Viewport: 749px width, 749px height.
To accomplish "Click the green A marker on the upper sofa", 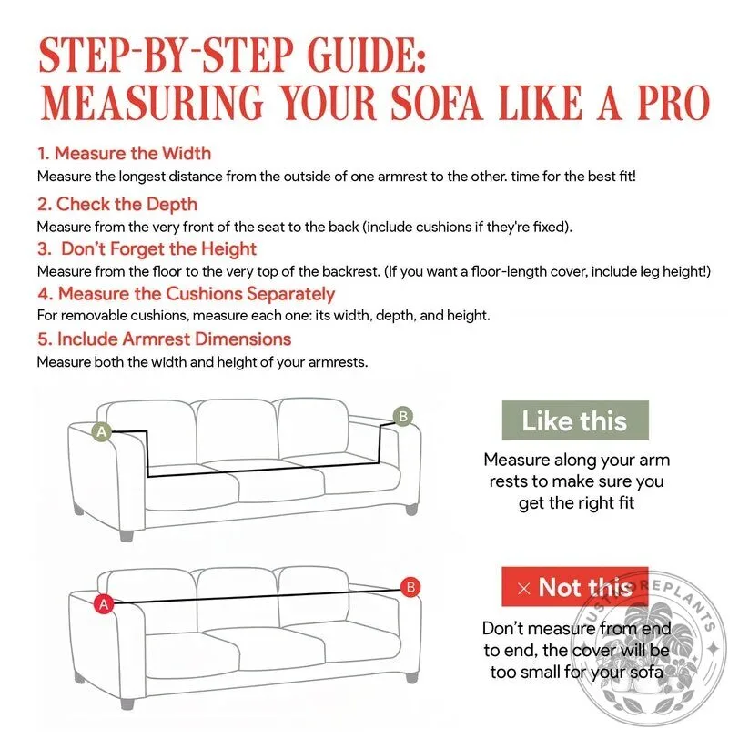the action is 102,431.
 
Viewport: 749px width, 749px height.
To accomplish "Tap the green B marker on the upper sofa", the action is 402,417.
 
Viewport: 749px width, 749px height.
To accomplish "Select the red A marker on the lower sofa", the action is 104,604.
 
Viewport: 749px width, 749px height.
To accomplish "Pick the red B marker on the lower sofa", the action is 410,587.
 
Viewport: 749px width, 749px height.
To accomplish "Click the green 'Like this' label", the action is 575,420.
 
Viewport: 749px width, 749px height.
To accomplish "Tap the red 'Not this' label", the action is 575,587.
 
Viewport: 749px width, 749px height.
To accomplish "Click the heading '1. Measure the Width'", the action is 124,153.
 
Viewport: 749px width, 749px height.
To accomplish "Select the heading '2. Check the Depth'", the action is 117,205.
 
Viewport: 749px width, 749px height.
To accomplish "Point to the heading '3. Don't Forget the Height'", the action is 147,248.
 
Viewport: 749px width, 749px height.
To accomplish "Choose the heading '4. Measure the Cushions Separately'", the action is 187,294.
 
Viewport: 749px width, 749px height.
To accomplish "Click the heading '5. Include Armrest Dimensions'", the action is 165,339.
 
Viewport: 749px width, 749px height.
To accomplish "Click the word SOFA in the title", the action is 437,103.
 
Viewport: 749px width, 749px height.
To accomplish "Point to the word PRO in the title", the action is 673,103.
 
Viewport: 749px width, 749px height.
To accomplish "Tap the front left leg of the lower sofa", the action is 127,703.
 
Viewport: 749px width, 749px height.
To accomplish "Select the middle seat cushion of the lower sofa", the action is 282,646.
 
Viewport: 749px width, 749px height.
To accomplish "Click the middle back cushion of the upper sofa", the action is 237,430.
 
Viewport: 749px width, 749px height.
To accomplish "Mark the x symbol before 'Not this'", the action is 524,589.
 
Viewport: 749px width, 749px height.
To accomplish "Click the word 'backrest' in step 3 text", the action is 351,271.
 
